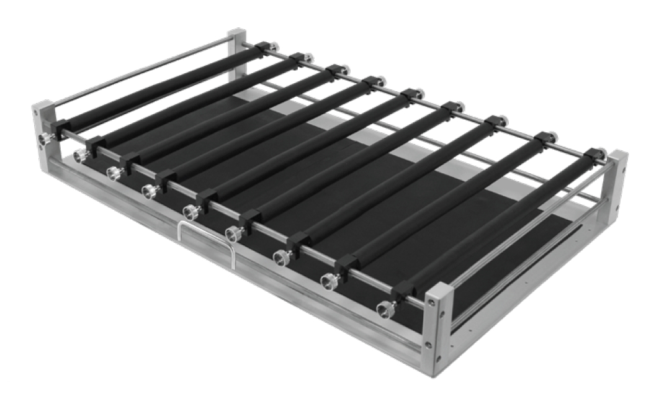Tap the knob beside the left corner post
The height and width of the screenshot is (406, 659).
[44, 138]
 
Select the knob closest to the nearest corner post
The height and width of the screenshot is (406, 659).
[384, 307]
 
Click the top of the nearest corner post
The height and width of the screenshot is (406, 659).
[437, 290]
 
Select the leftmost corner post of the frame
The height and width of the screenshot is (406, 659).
[43, 124]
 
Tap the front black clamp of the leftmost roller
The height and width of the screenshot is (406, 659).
[60, 129]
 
